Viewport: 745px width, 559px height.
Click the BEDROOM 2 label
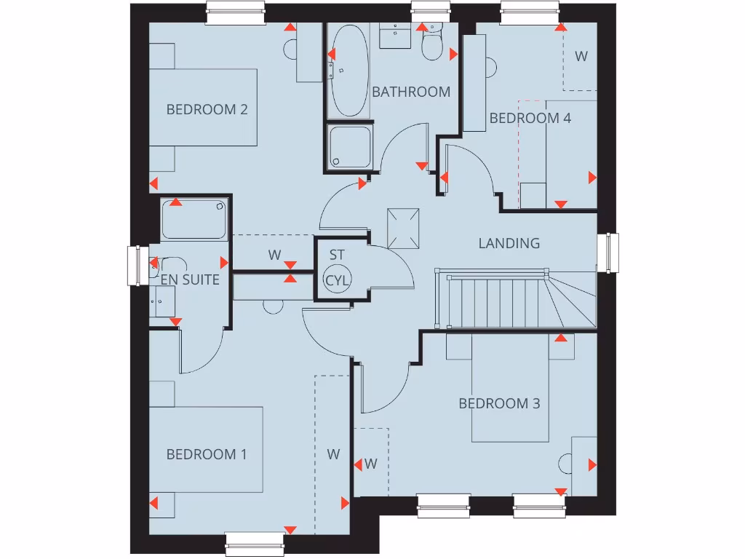click(x=207, y=110)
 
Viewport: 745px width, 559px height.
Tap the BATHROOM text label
click(x=411, y=92)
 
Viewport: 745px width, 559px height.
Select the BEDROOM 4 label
click(x=530, y=118)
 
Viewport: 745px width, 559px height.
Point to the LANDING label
click(x=509, y=243)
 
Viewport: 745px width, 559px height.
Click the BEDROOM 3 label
click(x=499, y=403)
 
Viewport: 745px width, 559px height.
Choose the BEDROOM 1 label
click(x=207, y=454)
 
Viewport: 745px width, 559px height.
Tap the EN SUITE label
click(x=190, y=279)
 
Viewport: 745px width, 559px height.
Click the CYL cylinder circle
click(x=337, y=279)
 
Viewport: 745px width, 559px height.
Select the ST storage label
click(x=336, y=255)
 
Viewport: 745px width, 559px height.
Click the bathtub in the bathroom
click(x=347, y=70)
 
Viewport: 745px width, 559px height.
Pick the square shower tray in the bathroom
click(x=349, y=146)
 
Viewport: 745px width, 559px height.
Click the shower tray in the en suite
click(x=194, y=219)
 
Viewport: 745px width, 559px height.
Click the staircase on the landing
click(x=509, y=300)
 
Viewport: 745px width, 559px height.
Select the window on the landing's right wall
click(x=608, y=253)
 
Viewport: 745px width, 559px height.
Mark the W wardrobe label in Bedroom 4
click(x=581, y=56)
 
